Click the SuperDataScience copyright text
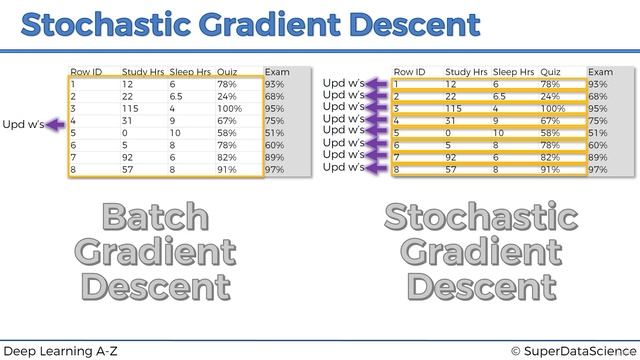tap(573, 350)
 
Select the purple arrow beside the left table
tap(55, 125)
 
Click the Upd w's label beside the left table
tap(23, 125)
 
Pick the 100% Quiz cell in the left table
tap(229, 109)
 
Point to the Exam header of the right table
tap(600, 72)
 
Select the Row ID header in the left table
tap(86, 72)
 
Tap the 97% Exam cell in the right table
tap(598, 170)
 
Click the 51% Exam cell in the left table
tap(275, 133)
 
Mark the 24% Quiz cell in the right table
tap(550, 97)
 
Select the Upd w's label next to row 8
tap(343, 168)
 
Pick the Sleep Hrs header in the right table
tap(512, 72)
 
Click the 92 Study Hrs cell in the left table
tap(129, 158)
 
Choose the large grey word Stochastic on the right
tap(481, 217)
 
